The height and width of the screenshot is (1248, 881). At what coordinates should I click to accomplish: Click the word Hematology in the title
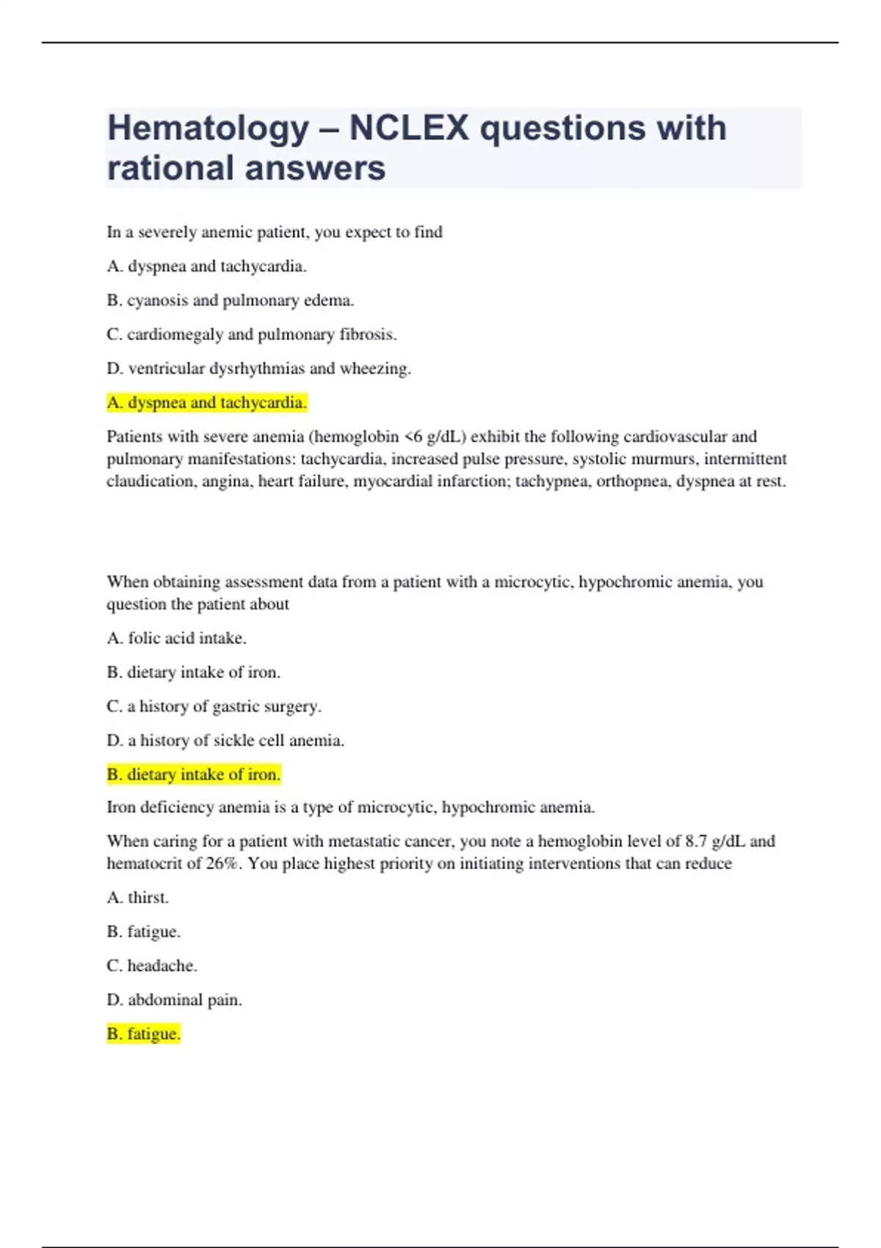(x=208, y=129)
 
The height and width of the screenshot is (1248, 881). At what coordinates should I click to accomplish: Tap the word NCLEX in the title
(x=409, y=128)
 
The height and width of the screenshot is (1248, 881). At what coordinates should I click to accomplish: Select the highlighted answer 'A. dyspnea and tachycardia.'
(x=206, y=402)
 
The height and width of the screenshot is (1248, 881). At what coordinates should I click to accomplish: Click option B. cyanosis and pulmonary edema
(x=230, y=300)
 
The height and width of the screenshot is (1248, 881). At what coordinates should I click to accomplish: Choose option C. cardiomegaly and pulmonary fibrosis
(x=251, y=334)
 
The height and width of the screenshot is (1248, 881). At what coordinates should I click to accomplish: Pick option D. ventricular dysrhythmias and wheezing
(x=258, y=369)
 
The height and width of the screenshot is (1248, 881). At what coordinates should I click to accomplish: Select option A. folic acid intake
(x=176, y=638)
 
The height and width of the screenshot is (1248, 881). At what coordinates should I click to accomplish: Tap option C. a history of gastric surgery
(x=214, y=706)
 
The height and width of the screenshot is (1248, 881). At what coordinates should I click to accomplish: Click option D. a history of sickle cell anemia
(x=225, y=740)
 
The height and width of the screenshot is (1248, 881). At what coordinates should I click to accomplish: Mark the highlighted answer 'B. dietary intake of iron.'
(x=193, y=774)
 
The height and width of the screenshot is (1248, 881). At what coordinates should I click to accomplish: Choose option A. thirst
(x=137, y=897)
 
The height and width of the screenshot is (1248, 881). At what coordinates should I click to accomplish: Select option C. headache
(x=151, y=965)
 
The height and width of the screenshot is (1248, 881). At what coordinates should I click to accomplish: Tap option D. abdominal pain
(x=174, y=1000)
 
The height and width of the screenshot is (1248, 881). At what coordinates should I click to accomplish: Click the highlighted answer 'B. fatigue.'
(x=143, y=1034)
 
